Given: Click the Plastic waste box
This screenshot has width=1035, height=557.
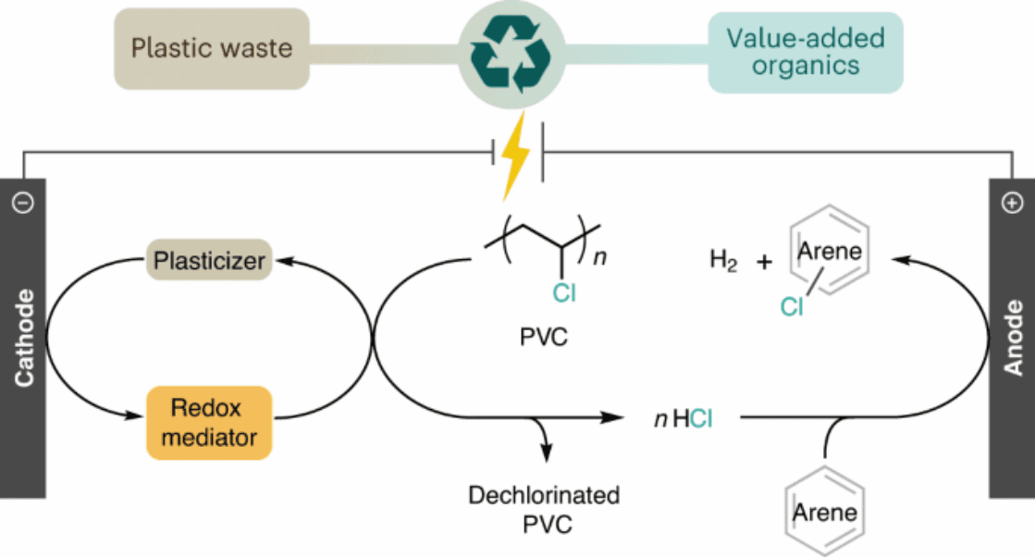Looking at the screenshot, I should [x=211, y=47].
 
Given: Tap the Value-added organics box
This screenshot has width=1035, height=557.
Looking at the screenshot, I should [x=805, y=52].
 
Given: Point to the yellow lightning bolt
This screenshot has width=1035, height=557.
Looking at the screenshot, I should [x=515, y=157].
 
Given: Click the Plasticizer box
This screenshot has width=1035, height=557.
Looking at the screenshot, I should [x=208, y=262].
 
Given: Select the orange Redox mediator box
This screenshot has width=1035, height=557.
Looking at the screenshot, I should [x=208, y=423].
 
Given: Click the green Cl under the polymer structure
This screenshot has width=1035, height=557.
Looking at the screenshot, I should [x=563, y=294].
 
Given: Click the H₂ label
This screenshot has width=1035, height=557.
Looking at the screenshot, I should [x=723, y=262].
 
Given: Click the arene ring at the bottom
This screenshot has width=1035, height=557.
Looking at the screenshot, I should [x=827, y=511].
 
